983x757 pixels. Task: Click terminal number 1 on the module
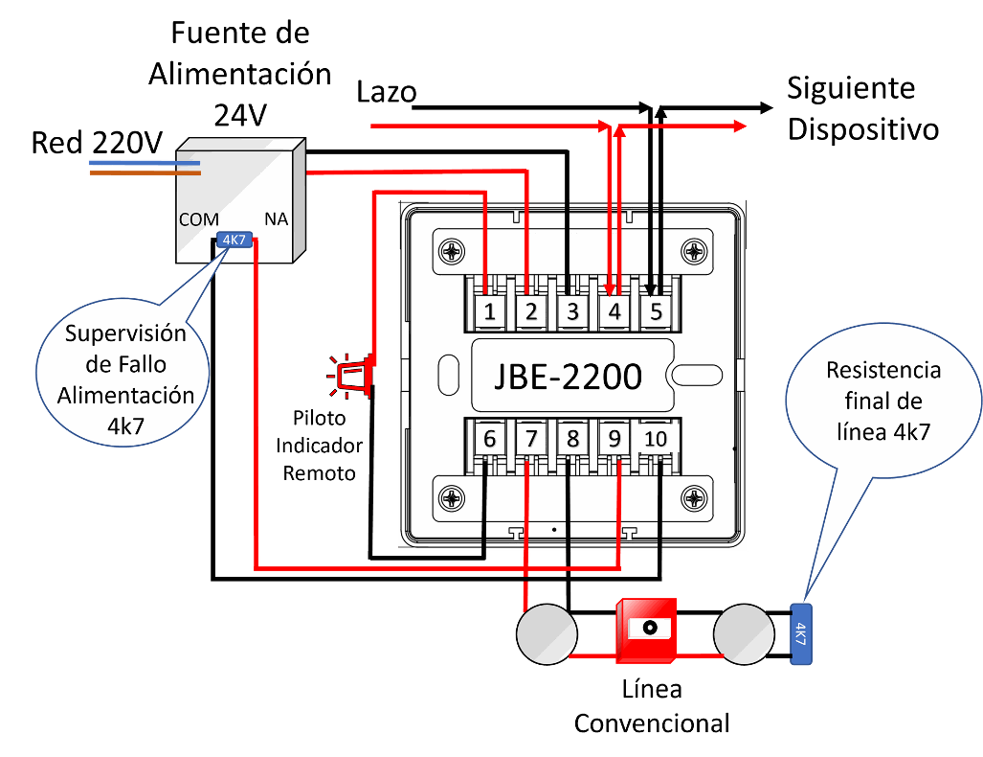pos(489,311)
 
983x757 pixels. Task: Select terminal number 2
pos(530,311)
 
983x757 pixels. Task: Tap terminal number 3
pos(572,311)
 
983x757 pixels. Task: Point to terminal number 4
pos(614,311)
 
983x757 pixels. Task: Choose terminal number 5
pos(657,311)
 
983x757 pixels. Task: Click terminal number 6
pos(489,439)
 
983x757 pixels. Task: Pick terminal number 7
pos(530,439)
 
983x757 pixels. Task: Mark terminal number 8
pos(572,439)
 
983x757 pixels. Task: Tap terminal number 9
pos(614,439)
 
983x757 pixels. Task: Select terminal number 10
pos(657,439)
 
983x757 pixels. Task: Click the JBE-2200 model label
pos(568,376)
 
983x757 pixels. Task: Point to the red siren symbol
pos(351,375)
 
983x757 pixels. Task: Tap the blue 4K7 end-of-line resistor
pos(800,634)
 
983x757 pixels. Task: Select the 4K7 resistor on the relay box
pos(234,241)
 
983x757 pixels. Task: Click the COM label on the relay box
pos(199,219)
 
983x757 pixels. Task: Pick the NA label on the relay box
pos(276,219)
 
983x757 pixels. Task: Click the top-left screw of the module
pos(450,252)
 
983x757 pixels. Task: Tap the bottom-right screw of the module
pos(692,497)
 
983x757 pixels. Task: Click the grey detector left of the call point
pos(547,634)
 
